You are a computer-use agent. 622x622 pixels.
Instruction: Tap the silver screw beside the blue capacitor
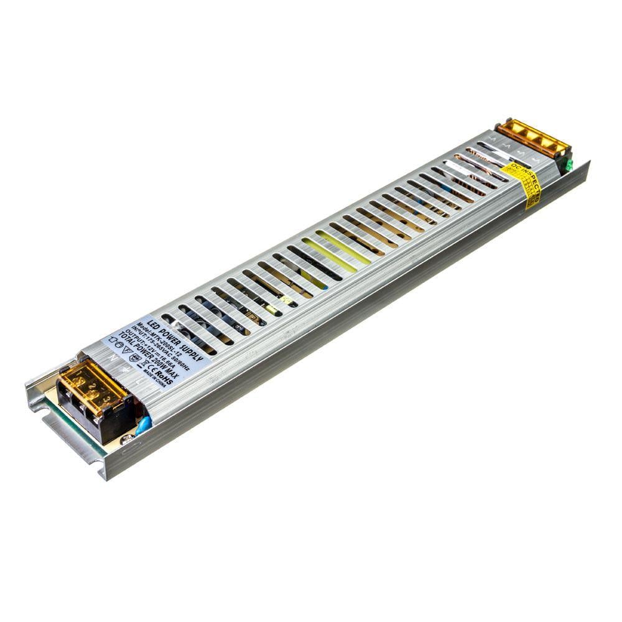pos(128,439)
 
